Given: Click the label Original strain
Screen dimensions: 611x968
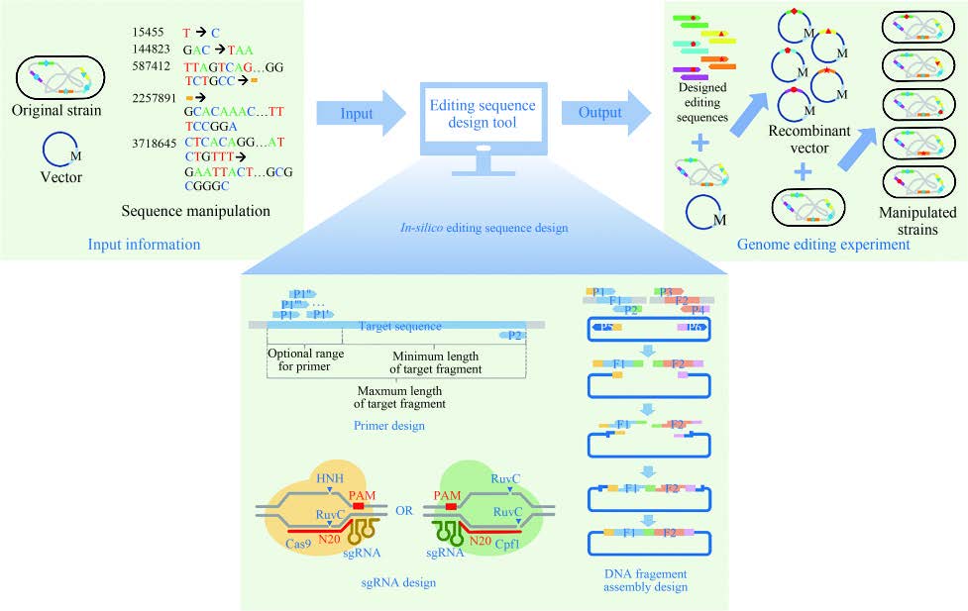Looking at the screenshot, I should click(x=58, y=108).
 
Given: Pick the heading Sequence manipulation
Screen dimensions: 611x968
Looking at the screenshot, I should click(x=194, y=210).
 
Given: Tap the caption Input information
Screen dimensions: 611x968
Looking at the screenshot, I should click(x=145, y=244).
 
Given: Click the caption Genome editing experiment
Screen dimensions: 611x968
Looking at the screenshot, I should click(x=824, y=244).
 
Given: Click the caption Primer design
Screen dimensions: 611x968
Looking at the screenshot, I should click(x=389, y=426).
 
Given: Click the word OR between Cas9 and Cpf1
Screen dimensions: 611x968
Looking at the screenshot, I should click(x=403, y=512).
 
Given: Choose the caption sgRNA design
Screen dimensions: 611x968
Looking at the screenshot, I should click(x=396, y=582).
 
